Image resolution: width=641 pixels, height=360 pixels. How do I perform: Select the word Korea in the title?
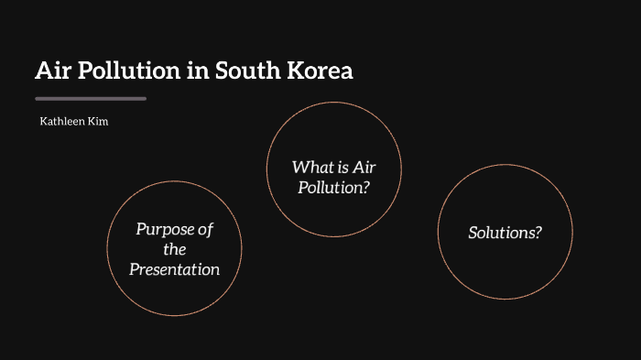[320, 71]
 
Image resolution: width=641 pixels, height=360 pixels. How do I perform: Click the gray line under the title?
[90, 98]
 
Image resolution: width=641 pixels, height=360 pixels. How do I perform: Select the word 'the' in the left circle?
[174, 249]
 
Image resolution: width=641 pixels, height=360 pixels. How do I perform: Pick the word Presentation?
[174, 269]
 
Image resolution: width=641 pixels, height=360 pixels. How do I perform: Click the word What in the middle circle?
[311, 167]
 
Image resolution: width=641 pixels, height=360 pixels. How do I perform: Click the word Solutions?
[505, 233]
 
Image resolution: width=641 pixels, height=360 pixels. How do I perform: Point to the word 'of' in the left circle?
[204, 229]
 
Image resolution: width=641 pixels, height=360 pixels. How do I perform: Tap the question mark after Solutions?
[538, 233]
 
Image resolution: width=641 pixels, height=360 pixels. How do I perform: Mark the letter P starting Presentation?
[134, 269]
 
